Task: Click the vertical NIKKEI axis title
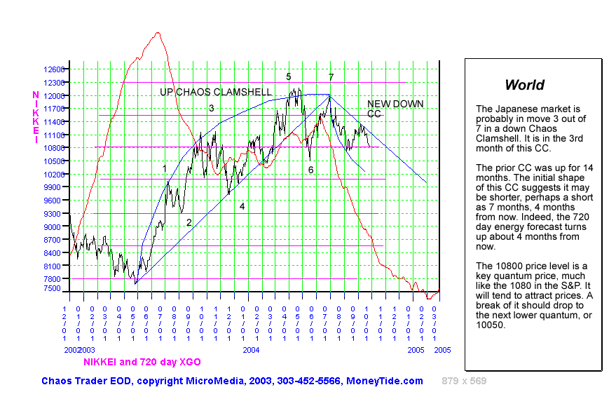click(36, 117)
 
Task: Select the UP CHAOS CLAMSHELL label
click(216, 93)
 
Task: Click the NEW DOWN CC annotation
click(395, 109)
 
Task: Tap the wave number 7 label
click(331, 77)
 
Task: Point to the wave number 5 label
click(289, 76)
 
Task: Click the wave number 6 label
click(310, 170)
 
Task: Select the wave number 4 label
click(242, 206)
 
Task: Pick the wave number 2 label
click(189, 222)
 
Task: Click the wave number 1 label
click(165, 168)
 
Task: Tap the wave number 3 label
click(211, 108)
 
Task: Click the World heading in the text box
click(524, 86)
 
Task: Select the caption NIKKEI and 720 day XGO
click(142, 362)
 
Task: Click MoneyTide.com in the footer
click(385, 381)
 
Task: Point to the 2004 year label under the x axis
click(252, 349)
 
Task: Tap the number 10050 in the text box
click(490, 325)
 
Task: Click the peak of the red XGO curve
click(158, 32)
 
